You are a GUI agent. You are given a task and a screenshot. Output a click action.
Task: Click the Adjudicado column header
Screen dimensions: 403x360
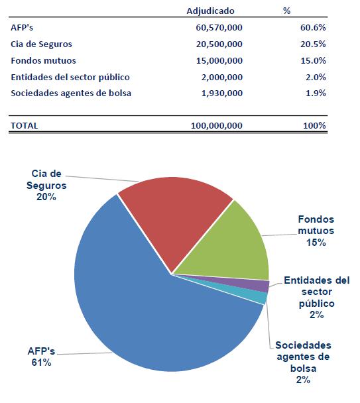[x=210, y=11]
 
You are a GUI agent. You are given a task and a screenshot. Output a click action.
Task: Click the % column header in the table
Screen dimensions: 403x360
[x=286, y=11]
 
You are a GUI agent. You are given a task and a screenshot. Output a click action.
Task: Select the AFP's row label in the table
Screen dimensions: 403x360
[x=22, y=28]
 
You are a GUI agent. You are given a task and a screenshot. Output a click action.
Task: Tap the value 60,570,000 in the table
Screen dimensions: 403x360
[x=219, y=28]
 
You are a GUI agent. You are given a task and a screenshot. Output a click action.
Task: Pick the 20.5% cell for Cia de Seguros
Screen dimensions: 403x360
[x=312, y=44]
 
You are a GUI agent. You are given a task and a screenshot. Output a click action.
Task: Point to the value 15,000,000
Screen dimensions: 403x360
[x=219, y=60]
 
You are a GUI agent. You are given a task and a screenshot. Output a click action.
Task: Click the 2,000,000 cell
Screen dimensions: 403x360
[x=222, y=77]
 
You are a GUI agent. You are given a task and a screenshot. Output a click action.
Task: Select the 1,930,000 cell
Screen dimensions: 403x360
[x=222, y=93]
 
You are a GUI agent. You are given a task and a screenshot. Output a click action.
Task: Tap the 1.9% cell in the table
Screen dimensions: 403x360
[x=315, y=93]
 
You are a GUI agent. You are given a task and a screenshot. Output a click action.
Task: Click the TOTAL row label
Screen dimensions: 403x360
[x=25, y=125]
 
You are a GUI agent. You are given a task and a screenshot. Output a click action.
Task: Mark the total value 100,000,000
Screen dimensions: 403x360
[x=217, y=125]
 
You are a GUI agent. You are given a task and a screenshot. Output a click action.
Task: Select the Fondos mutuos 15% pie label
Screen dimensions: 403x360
[x=316, y=231]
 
